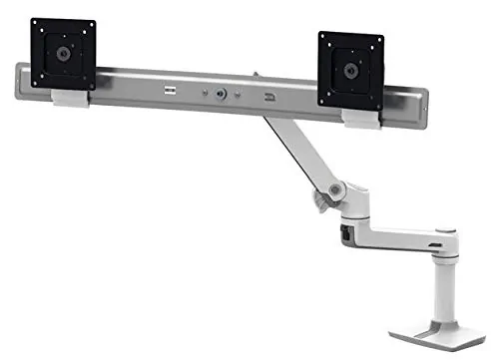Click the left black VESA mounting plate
[62, 52]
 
